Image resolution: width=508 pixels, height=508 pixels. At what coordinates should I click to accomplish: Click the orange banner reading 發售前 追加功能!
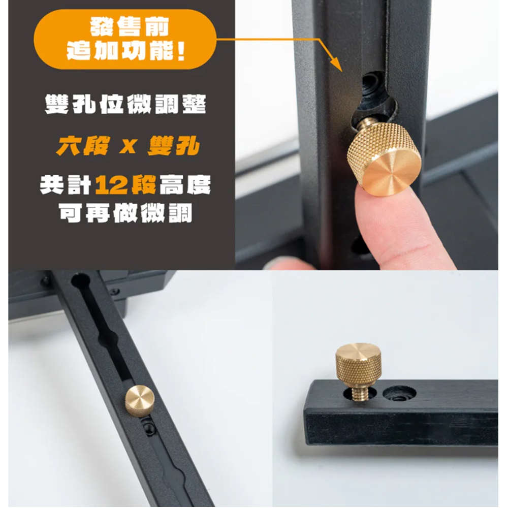pyautogui.click(x=125, y=39)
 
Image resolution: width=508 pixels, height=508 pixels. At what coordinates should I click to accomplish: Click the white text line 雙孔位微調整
pyautogui.click(x=125, y=104)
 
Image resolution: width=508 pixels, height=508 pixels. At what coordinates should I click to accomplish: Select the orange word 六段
pyautogui.click(x=83, y=146)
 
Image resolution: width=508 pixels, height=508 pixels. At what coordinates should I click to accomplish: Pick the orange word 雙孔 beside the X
pyautogui.click(x=174, y=146)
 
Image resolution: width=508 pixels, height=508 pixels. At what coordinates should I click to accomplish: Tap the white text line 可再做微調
pyautogui.click(x=125, y=213)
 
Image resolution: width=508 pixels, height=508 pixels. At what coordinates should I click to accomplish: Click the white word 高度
pyautogui.click(x=185, y=185)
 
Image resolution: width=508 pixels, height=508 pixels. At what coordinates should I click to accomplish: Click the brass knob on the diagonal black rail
pyautogui.click(x=140, y=401)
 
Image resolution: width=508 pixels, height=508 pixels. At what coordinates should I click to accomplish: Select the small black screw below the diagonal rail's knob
pyautogui.click(x=149, y=427)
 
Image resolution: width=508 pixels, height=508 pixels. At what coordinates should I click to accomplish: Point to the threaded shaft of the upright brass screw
pyautogui.click(x=358, y=393)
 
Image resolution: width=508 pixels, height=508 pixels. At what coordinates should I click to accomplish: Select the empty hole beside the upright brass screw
pyautogui.click(x=399, y=393)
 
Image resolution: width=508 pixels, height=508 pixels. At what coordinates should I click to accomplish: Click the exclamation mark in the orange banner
pyautogui.click(x=181, y=51)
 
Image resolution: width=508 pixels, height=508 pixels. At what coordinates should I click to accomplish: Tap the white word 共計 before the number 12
pyautogui.click(x=65, y=185)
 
